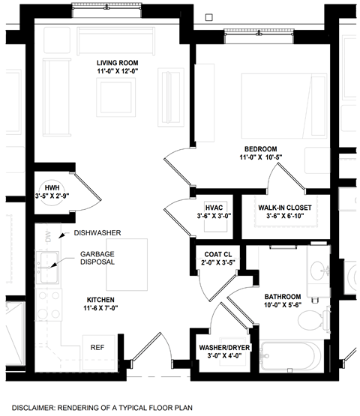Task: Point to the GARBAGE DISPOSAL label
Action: [97, 259]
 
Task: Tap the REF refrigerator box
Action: [97, 348]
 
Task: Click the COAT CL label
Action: [217, 255]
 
